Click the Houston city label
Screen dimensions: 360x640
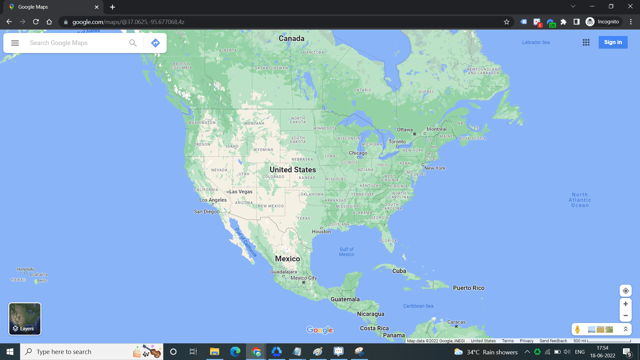coord(321,232)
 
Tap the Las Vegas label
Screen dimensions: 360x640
coord(241,192)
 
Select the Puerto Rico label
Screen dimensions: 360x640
coord(468,288)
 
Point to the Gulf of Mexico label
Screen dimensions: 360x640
coord(346,252)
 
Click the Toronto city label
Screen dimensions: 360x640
coord(397,142)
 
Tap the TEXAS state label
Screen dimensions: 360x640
coord(303,218)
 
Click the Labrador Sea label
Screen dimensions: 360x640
coord(536,42)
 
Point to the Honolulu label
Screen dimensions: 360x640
coord(25,269)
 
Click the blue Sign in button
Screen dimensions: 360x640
coord(613,42)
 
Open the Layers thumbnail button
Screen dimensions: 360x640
coord(25,319)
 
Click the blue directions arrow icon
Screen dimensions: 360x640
coord(155,43)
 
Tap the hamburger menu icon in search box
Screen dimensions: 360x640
coord(15,43)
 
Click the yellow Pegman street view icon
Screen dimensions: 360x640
coord(577,329)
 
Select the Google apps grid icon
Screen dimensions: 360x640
coord(586,42)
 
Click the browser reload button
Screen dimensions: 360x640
coord(36,22)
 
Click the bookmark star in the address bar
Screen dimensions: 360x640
coord(507,22)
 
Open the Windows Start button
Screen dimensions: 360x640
coord(10,352)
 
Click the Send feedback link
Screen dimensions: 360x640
coord(553,341)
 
